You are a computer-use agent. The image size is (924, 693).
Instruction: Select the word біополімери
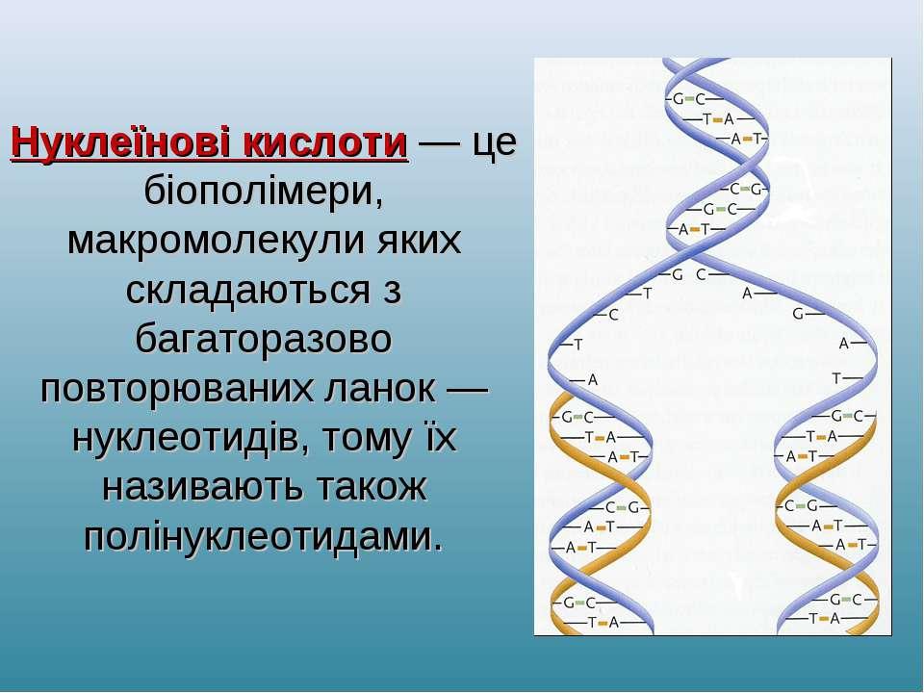pyautogui.click(x=264, y=192)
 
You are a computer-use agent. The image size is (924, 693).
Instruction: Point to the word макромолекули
pyautogui.click(x=215, y=241)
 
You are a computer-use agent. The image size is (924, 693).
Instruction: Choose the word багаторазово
pyautogui.click(x=264, y=340)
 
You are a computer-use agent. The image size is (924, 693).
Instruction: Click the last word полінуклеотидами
pyautogui.click(x=259, y=537)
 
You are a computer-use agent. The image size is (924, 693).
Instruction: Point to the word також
pyautogui.click(x=372, y=488)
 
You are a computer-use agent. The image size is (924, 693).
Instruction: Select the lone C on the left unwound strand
pyautogui.click(x=613, y=316)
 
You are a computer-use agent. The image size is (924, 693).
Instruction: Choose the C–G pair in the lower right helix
pyautogui.click(x=801, y=505)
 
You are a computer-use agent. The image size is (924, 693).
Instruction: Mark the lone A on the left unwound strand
pyautogui.click(x=593, y=381)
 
